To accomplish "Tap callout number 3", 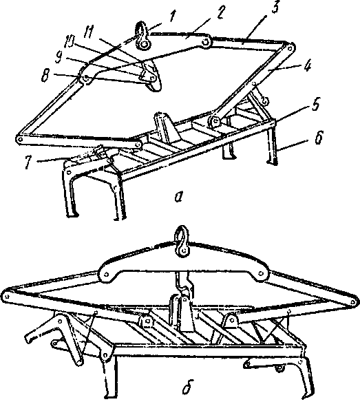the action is [275, 8].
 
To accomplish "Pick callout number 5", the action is [316, 105].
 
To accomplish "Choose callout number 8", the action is [45, 76].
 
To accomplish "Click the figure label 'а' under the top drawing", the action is [178, 197].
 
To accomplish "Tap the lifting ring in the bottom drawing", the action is [182, 241].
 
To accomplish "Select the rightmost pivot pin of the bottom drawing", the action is [352, 301].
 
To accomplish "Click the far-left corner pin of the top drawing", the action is [19, 138].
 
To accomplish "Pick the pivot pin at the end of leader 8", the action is [86, 78].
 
